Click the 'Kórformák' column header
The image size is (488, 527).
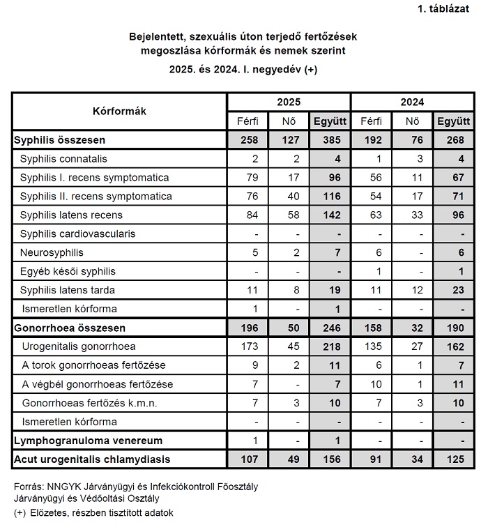click(119, 111)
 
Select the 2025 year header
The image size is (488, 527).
click(289, 102)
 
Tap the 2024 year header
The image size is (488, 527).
click(411, 102)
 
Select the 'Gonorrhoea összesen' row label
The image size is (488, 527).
click(68, 328)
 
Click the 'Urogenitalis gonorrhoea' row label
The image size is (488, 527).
click(78, 346)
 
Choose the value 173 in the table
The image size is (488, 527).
click(249, 346)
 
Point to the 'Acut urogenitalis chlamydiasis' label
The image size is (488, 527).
click(93, 459)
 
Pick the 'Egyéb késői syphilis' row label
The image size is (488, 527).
click(68, 271)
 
